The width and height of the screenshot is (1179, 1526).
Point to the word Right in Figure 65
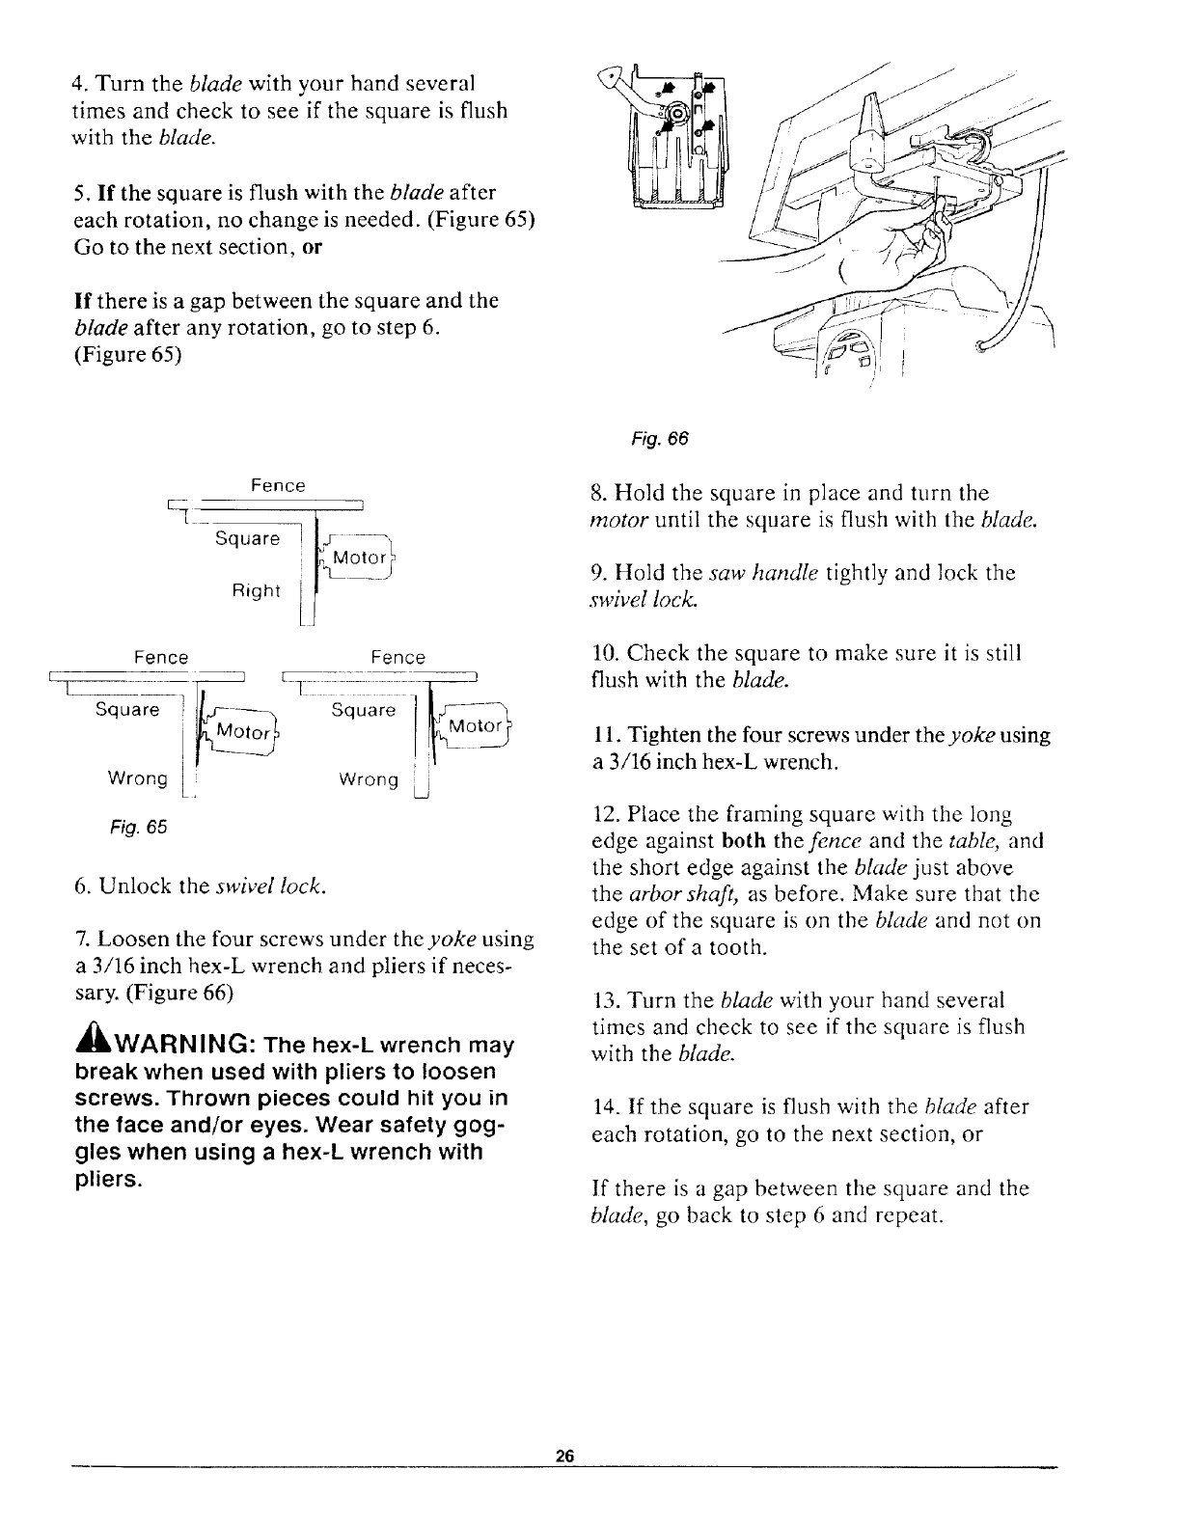click(256, 590)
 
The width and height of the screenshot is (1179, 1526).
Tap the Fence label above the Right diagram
click(278, 486)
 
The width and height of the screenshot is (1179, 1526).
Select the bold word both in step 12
click(741, 841)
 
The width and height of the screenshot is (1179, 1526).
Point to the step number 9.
click(595, 573)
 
